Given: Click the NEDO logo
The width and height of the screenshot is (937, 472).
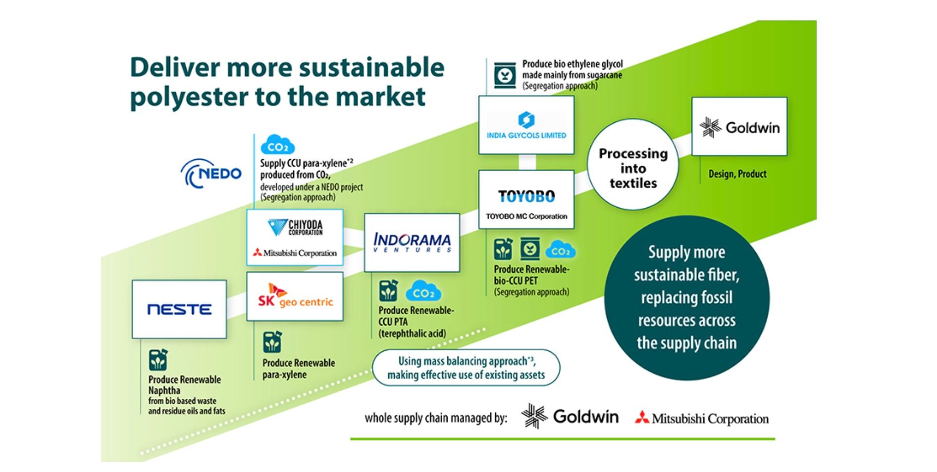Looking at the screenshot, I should coord(211,174).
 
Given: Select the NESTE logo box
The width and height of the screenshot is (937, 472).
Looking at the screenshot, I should coord(179,309).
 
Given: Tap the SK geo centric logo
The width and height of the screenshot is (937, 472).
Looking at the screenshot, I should coord(295,296).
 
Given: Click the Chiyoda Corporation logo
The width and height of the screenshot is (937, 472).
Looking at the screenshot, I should coord(295,227).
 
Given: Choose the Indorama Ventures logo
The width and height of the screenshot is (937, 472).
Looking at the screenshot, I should coord(412,242).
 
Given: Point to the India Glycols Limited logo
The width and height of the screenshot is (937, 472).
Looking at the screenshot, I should coord(526,125).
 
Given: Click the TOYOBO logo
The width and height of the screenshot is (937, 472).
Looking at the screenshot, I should coord(526,196).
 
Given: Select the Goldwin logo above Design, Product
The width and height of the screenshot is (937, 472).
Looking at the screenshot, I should coord(739,127).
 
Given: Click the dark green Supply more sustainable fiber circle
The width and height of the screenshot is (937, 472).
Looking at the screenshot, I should coord(686,297).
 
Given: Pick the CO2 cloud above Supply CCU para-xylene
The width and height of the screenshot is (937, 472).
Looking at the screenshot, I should coord(277,145).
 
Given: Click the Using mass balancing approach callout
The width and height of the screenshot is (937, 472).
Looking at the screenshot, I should coord(466,368).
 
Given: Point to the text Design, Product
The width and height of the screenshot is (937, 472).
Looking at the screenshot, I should coord(737,174).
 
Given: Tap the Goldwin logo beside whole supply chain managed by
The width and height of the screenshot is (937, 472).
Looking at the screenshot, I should coord(570,416).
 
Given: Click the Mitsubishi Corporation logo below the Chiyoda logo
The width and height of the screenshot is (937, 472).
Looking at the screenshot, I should coord(295,253).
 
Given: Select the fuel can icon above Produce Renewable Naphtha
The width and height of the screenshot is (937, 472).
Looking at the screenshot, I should coord(158,360).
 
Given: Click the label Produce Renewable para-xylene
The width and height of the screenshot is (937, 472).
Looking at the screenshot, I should coord(299,369).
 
